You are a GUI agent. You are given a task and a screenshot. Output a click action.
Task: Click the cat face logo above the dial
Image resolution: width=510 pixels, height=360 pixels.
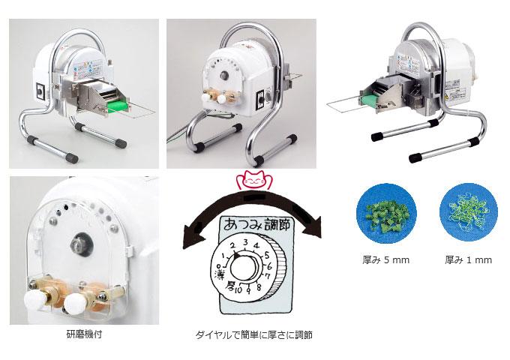tap(254, 180)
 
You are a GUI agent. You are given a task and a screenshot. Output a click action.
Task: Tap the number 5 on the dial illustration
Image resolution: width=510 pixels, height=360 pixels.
tap(267, 255)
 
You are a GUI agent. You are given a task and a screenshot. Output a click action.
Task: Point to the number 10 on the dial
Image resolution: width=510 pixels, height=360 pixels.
tap(238, 290)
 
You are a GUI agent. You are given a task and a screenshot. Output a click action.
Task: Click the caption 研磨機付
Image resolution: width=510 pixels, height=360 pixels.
tap(84, 334)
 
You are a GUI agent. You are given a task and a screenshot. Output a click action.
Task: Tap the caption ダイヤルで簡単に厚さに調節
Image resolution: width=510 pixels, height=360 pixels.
tap(254, 335)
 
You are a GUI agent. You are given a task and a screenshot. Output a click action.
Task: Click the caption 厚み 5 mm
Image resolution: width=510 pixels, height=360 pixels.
tap(385, 259)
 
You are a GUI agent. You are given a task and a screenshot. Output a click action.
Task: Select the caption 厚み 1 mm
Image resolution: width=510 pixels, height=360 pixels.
tap(468, 259)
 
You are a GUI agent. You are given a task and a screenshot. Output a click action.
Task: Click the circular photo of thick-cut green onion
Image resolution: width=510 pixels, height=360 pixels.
tap(385, 212)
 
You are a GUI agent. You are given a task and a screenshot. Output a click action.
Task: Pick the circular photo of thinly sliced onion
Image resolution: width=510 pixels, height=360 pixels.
tap(468, 212)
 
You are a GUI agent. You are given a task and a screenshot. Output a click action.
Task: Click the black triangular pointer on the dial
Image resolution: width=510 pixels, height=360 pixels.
tap(236, 256)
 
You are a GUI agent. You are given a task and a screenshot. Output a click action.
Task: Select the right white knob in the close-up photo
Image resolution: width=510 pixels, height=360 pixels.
tap(74, 302)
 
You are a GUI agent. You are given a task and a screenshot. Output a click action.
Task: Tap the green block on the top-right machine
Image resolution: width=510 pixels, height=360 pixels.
tap(369, 99)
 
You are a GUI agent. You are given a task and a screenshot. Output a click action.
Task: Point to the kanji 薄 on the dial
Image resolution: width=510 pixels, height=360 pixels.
tap(218, 274)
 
